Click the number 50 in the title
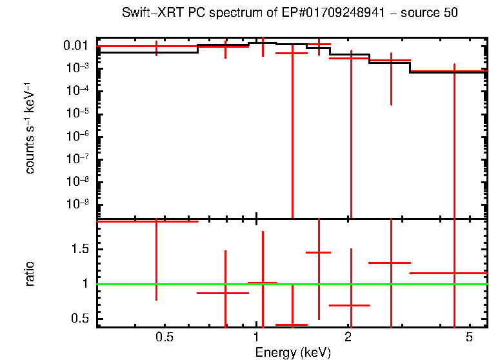coord(450,14)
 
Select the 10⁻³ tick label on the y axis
coord(78,68)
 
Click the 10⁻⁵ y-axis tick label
coord(78,114)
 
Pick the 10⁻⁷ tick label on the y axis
coord(78,159)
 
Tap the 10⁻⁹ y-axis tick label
coord(78,204)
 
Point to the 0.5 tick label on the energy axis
coord(165,338)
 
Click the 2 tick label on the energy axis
coord(348,338)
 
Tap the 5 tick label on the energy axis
coord(469,338)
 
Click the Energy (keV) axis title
coord(293,352)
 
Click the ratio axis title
coord(30,274)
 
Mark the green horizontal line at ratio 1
coord(387,284)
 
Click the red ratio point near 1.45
coord(318,252)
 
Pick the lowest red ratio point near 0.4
coord(292,325)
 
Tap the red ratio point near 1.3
coord(390,263)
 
